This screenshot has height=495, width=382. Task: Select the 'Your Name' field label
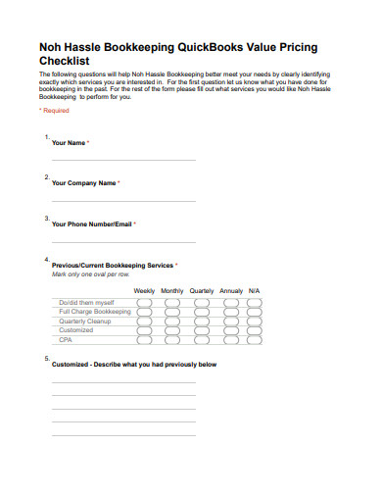pos(69,143)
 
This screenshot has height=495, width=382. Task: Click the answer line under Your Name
pos(123,160)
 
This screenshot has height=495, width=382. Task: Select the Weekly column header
pos(144,291)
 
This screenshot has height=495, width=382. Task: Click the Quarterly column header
pos(202,291)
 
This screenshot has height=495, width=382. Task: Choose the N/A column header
pos(255,291)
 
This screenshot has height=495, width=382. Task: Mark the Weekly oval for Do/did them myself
pos(144,302)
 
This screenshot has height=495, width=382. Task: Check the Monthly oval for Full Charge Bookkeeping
pos(172,312)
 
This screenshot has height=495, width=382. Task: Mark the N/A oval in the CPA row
pos(255,340)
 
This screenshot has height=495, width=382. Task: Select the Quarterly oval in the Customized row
pos(202,330)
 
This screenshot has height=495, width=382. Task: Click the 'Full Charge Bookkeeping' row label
pos(94,312)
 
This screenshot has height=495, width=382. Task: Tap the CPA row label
pos(66,340)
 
